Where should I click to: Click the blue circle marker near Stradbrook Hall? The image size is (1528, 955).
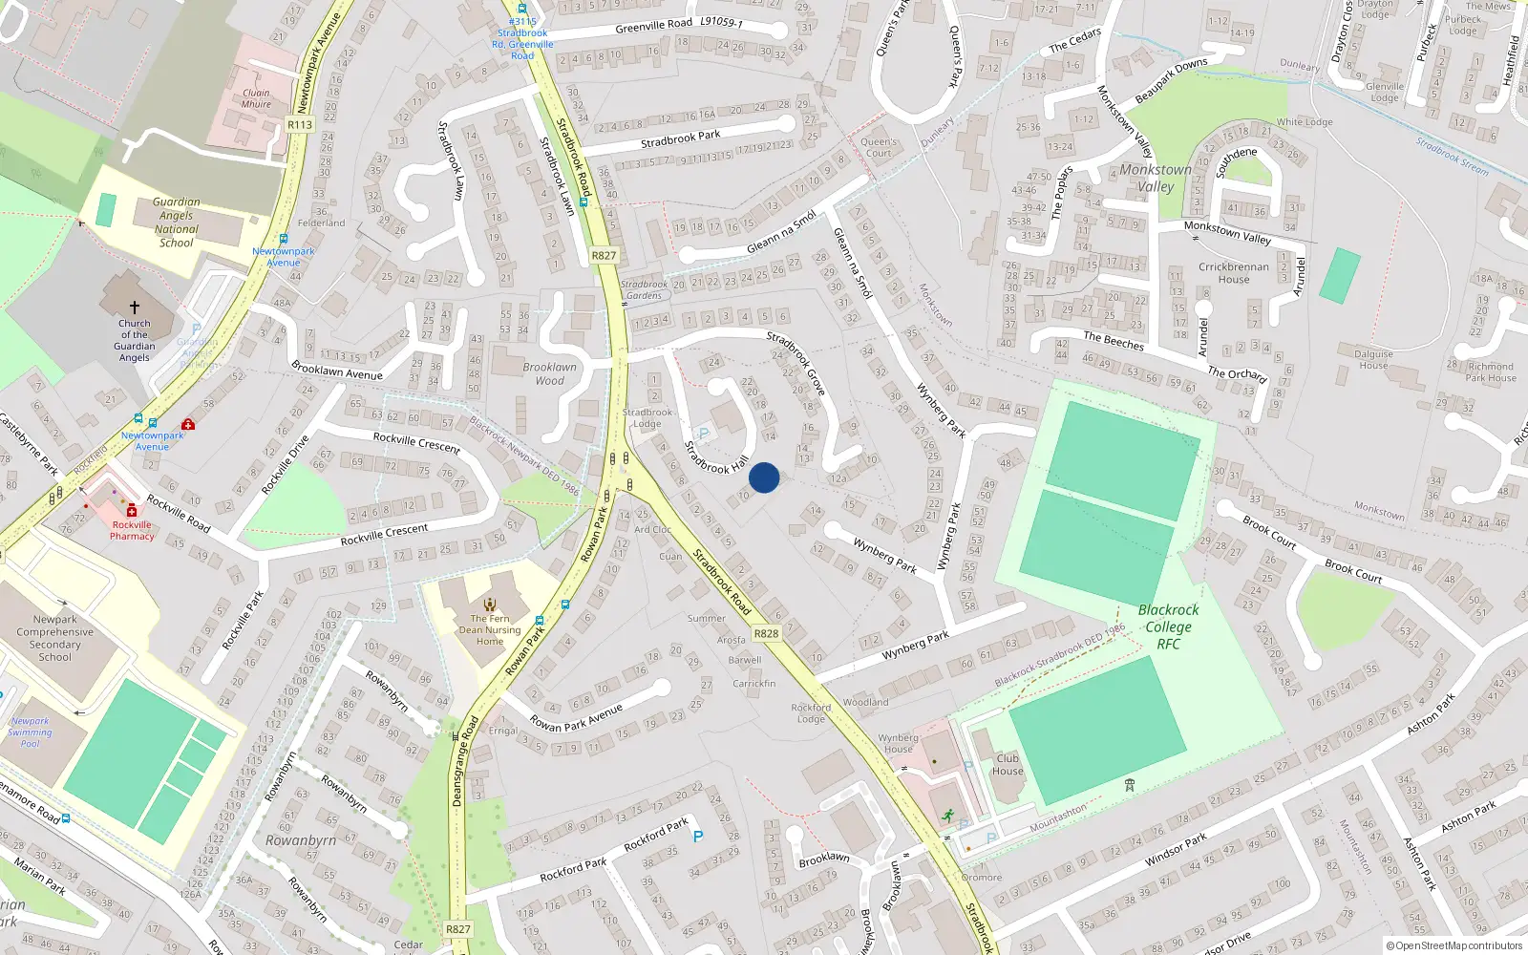pos(764,477)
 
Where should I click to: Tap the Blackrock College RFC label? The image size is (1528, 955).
pos(1168,626)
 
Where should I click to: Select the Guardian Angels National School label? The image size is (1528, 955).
pos(177,223)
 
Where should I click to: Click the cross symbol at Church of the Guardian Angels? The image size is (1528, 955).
pos(135,308)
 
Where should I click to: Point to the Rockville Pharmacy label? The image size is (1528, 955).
pos(132,530)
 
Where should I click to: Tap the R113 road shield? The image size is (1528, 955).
pos(300,125)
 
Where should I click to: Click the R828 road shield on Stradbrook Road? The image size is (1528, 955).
pos(766,633)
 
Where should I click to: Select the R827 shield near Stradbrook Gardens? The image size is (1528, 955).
pos(604,255)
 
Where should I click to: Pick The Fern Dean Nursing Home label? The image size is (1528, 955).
pos(490,629)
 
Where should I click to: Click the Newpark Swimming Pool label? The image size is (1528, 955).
pos(31,732)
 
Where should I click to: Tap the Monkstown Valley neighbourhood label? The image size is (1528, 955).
pos(1156,178)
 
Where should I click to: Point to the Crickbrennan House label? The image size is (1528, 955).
pos(1234,273)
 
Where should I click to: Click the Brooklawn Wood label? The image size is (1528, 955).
pos(550,373)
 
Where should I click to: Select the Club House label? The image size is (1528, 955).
pos(1008,765)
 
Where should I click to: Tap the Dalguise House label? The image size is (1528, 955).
pos(1373,359)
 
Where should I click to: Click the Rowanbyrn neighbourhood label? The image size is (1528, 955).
pos(301,840)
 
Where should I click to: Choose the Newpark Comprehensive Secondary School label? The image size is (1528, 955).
pos(55,638)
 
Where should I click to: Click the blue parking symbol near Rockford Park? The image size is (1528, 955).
pos(697,837)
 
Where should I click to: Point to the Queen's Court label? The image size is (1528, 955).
pos(879,147)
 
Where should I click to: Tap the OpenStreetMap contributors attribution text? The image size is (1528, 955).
pos(1454,946)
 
